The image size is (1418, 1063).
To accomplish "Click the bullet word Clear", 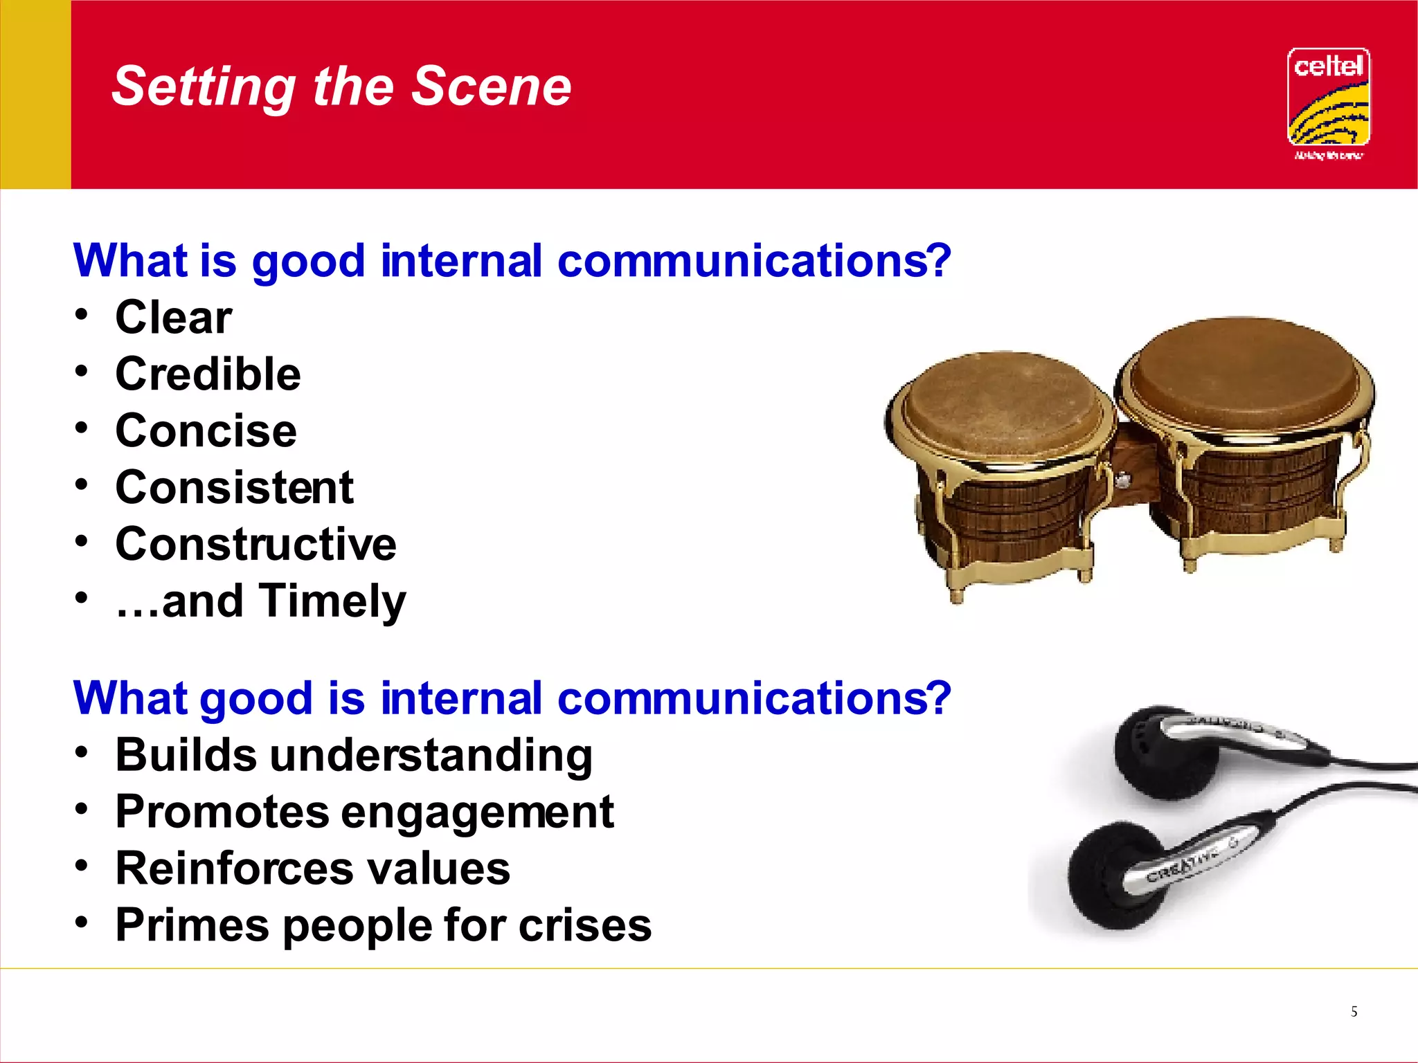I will tap(173, 318).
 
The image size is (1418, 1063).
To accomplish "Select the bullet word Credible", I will tap(208, 374).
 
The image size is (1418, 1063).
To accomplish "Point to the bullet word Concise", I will tap(206, 431).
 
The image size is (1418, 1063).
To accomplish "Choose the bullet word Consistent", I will tap(234, 487).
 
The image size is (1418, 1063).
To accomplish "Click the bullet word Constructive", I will tap(255, 544).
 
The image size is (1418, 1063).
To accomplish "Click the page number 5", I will tap(1354, 1012).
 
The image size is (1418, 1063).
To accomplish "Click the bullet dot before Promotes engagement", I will tap(82, 808).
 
